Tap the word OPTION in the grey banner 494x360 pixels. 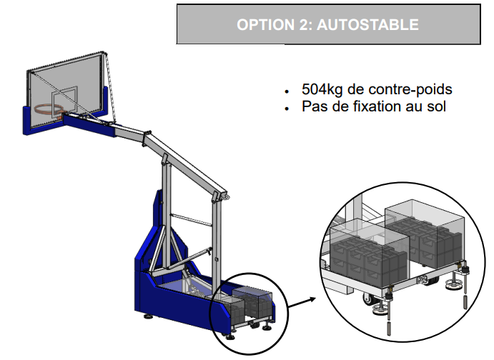(261, 25)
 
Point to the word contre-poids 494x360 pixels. (418, 90)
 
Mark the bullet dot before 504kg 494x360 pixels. (287, 91)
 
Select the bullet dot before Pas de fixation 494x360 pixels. (287, 109)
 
